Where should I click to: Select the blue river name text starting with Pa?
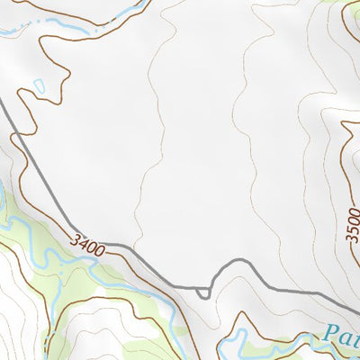click(x=345, y=337)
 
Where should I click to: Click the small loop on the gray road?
click(x=203, y=291)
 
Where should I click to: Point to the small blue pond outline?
click(x=37, y=87)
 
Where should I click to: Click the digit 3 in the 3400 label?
click(x=75, y=236)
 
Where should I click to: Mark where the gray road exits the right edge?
click(x=357, y=306)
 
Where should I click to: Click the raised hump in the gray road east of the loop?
click(x=238, y=263)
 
